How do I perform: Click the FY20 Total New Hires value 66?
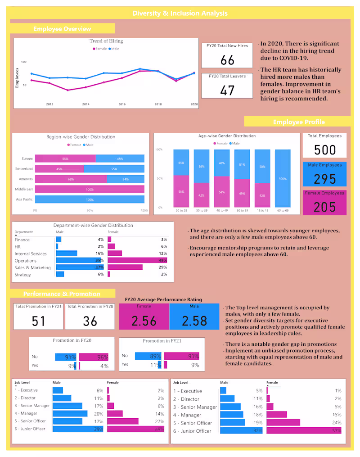coord(228,60)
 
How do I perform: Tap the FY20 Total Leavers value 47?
coord(228,90)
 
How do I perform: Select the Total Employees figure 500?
coord(325,150)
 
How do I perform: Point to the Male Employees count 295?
coord(325,179)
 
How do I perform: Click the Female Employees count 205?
coord(325,207)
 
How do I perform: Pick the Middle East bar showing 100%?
coord(90,189)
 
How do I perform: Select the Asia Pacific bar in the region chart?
coord(90,199)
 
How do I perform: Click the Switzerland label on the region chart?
coord(24,169)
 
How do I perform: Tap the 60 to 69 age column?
coord(283,179)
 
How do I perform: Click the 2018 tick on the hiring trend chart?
coord(158,104)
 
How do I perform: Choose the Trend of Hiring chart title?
coord(106,41)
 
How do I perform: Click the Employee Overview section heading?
coord(62,29)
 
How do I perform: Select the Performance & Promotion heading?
coord(62,294)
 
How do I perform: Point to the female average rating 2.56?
coord(144,321)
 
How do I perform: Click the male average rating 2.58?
coord(194,321)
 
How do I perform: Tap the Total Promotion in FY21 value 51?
coord(38,321)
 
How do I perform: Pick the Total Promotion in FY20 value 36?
coord(90,321)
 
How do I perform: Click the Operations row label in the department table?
coord(25,261)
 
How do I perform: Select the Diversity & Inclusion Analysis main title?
coord(180,13)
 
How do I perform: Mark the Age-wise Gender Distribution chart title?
coord(227,136)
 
